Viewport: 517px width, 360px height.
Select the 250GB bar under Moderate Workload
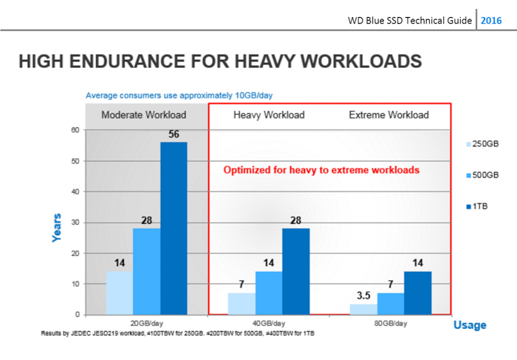click(x=119, y=293)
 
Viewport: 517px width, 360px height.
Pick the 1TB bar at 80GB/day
click(x=418, y=293)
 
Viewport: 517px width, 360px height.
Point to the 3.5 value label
click(x=363, y=296)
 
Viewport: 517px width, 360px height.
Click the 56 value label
click(x=174, y=135)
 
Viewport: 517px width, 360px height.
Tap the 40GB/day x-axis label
click(x=269, y=323)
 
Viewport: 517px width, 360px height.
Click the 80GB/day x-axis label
click(x=391, y=323)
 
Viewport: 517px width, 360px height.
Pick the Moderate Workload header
click(x=144, y=115)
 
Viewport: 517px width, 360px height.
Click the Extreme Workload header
click(x=388, y=115)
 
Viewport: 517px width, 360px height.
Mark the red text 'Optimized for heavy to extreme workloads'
click(x=321, y=170)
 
